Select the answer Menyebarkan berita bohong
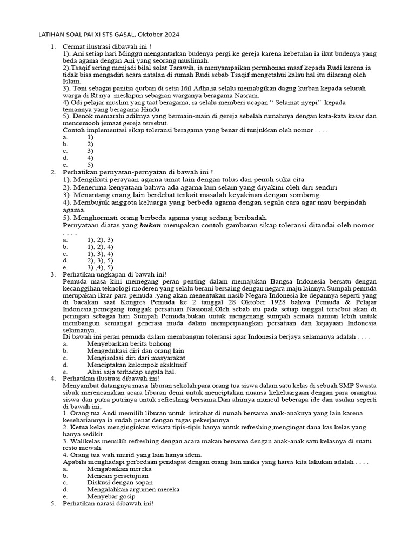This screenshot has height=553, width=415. coord(129,343)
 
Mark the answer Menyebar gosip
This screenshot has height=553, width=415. coord(110,497)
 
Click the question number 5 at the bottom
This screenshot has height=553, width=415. coord(53,504)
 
